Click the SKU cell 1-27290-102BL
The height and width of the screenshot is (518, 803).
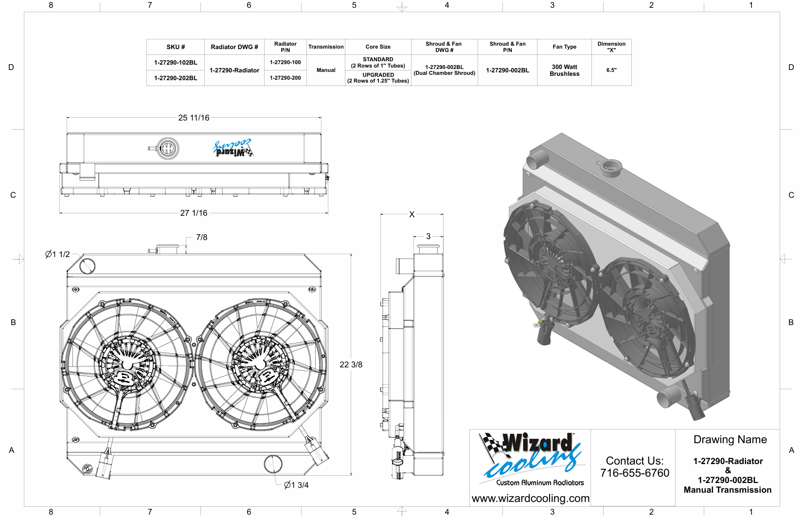tap(176, 62)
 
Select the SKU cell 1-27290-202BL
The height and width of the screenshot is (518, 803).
tap(176, 78)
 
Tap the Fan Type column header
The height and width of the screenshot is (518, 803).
tap(564, 47)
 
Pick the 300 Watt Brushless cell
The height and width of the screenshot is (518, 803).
tap(564, 70)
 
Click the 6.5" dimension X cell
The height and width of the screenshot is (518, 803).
tap(611, 70)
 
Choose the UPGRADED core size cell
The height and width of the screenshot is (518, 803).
tap(378, 78)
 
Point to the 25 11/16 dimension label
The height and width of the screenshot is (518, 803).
tap(194, 118)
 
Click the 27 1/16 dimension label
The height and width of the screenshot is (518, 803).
tap(194, 213)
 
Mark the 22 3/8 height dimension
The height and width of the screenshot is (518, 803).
tap(351, 364)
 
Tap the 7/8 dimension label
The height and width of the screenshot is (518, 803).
tap(201, 237)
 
